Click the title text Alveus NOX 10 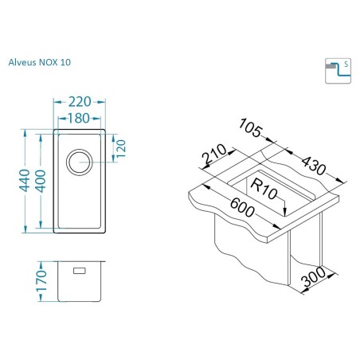pyautogui.click(x=40, y=62)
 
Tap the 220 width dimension pyautogui.click(x=80, y=102)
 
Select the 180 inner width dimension pyautogui.click(x=79, y=119)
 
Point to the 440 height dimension pyautogui.click(x=24, y=181)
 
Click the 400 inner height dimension pyautogui.click(x=41, y=181)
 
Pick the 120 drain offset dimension pyautogui.click(x=120, y=148)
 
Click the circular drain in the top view pyautogui.click(x=79, y=162)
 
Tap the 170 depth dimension pyautogui.click(x=41, y=281)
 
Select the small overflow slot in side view pyautogui.click(x=80, y=271)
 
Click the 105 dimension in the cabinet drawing pyautogui.click(x=251, y=128)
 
